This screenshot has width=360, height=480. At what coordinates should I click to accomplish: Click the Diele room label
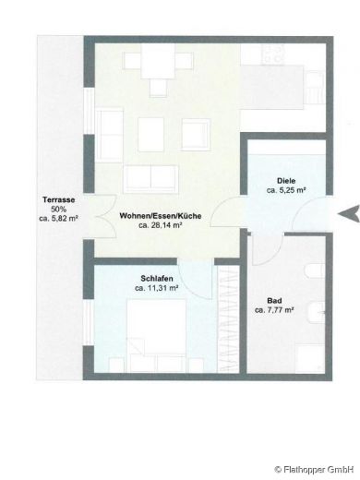pos(285,180)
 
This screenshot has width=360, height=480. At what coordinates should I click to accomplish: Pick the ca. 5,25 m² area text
pos(286,190)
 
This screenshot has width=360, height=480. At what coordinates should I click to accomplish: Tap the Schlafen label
pos(154,278)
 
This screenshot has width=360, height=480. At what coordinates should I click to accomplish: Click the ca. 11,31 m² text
pos(155,288)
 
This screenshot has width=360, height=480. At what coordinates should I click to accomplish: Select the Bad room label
pos(273,300)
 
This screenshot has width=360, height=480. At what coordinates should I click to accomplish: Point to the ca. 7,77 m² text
pos(274,310)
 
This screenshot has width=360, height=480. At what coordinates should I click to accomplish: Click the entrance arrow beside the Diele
pos(349,213)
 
